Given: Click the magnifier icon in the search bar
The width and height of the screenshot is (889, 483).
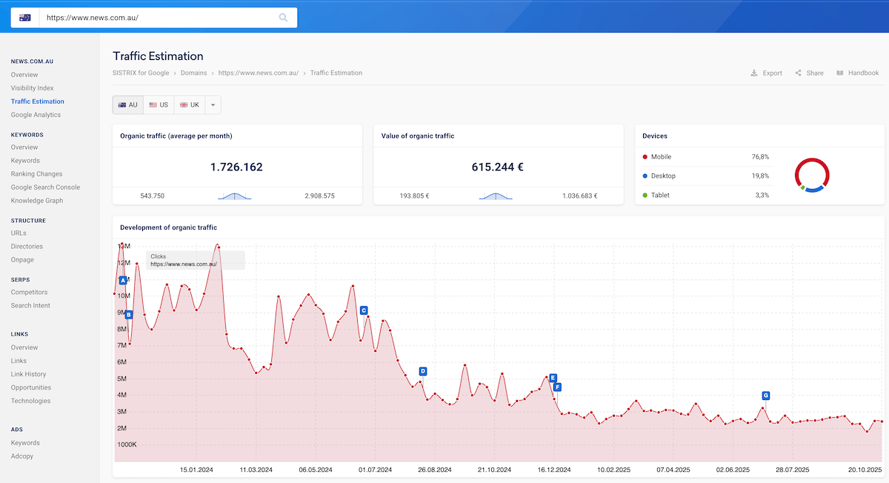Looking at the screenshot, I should click(x=283, y=18).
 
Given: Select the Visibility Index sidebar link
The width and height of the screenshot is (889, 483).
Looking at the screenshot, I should click(x=32, y=88).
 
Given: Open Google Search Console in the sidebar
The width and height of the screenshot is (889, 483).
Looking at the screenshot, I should click(x=45, y=187).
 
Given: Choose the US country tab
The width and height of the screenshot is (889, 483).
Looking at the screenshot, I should click(x=159, y=105).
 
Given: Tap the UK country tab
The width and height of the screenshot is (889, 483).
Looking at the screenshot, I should click(x=190, y=105).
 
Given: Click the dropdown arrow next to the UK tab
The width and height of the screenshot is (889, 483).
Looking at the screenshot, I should click(x=213, y=105).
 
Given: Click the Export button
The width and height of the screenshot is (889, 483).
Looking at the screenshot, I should click(x=766, y=73).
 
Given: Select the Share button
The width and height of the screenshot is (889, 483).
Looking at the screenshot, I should click(x=809, y=73).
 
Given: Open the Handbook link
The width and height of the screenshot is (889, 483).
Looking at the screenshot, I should click(x=857, y=73).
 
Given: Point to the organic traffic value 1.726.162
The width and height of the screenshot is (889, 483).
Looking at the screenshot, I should click(x=236, y=167).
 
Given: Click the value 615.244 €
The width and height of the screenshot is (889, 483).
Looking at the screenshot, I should click(x=497, y=167).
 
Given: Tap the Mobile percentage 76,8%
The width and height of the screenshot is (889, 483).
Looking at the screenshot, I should click(x=760, y=157).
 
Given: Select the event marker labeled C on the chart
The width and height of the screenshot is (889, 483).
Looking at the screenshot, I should click(x=363, y=310).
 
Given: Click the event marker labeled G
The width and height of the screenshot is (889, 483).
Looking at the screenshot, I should click(x=765, y=396).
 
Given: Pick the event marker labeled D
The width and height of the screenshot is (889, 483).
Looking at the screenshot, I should click(x=422, y=371).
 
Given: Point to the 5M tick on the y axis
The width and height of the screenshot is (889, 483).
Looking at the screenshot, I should click(x=124, y=379).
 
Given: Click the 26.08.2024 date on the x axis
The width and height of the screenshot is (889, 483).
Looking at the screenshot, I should click(x=435, y=470).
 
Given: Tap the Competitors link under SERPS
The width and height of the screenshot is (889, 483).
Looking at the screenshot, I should click(x=29, y=293).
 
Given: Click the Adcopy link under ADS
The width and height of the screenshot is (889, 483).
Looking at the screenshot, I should click(x=22, y=456).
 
